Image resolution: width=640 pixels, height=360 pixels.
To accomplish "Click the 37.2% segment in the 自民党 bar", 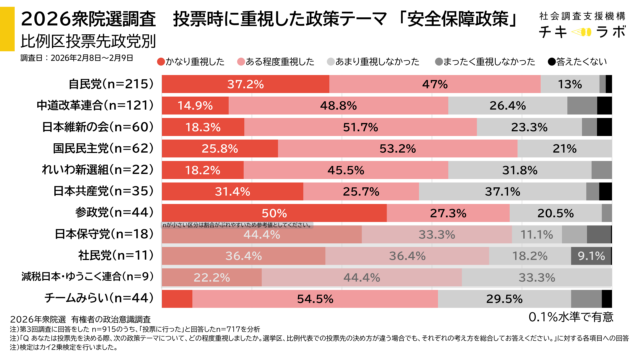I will coord(245,84).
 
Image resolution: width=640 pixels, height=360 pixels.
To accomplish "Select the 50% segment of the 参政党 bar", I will coord(275,212).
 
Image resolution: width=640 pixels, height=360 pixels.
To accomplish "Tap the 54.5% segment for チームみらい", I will coord(315,298).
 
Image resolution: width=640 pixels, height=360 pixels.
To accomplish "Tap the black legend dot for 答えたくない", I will coord(553,62).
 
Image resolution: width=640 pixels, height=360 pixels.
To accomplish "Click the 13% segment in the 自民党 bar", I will coord(569,84).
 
